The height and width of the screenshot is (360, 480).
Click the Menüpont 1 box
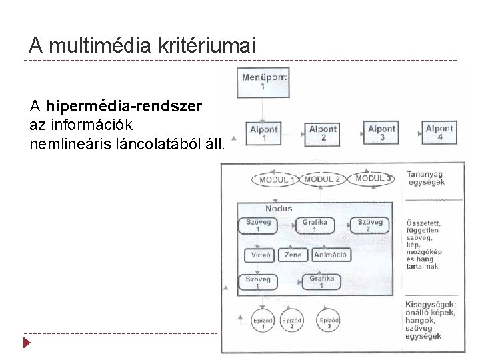264,83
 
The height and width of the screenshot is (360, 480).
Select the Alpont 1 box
264,133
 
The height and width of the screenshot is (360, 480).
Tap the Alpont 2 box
323,133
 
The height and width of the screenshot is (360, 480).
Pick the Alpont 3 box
381,133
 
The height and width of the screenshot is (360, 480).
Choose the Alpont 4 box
439,133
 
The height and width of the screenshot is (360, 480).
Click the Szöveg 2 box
370,225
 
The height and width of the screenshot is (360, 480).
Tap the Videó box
261,255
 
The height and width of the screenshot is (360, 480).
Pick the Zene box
293,255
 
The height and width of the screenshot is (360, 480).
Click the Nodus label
279,209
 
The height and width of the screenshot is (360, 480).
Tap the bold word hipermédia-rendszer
125,105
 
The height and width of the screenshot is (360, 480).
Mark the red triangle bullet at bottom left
27,343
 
